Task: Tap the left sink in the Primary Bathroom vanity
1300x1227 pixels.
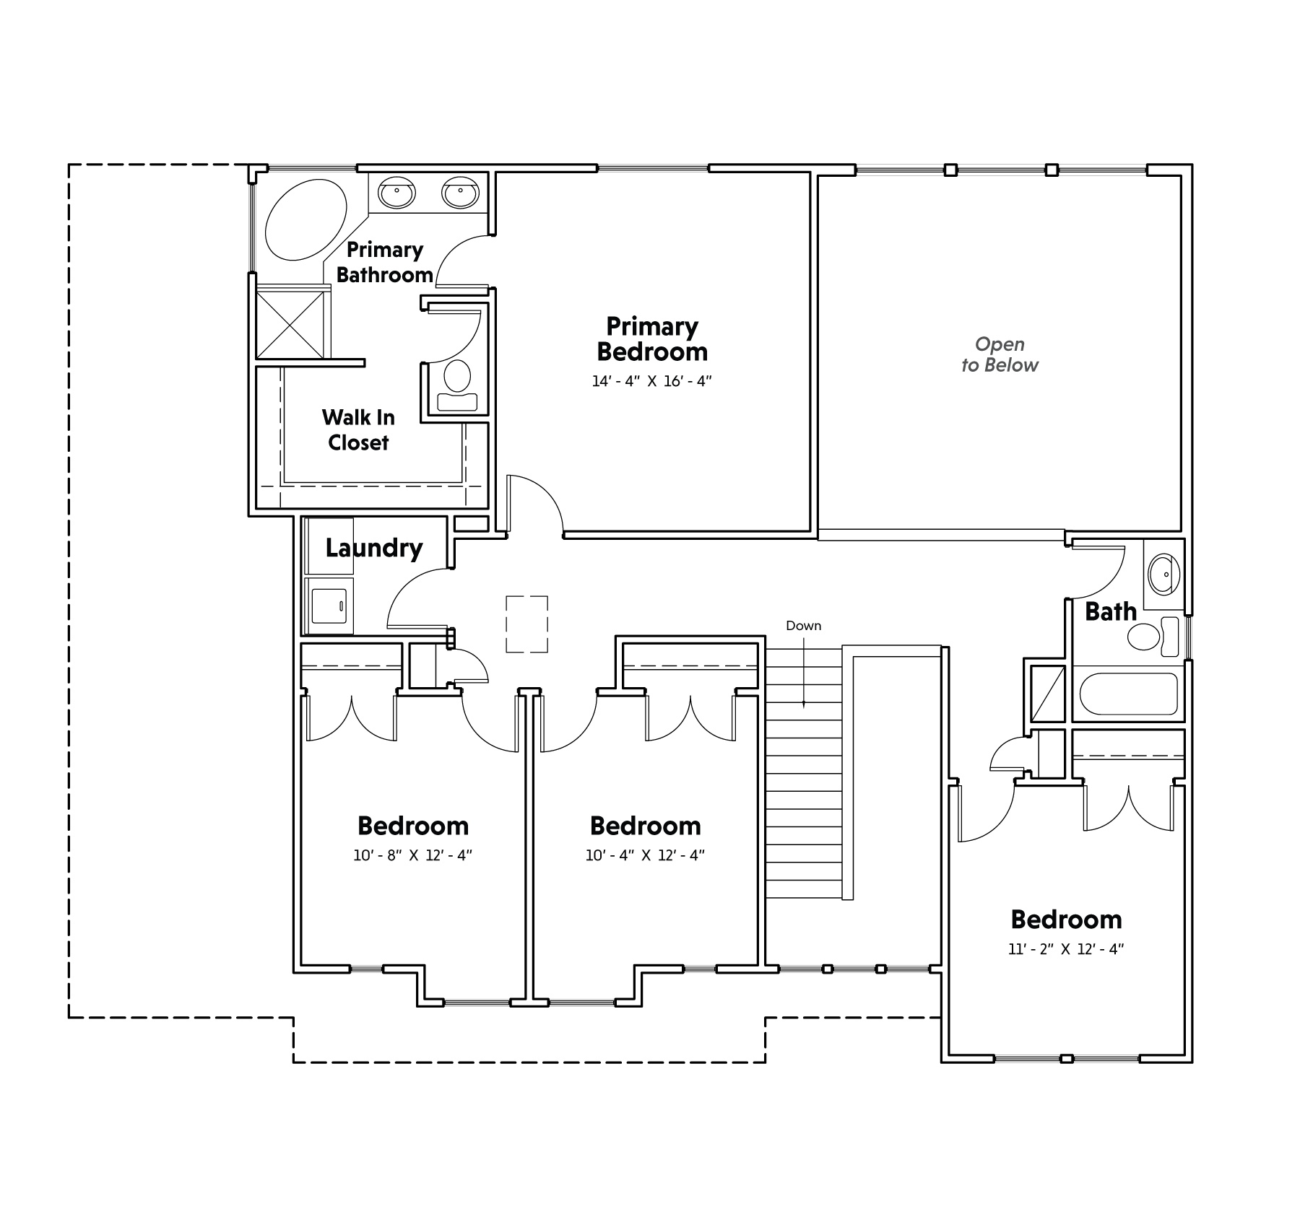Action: [x=396, y=192]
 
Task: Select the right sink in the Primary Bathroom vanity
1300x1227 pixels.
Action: [x=459, y=192]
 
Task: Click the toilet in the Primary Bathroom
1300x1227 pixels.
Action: [x=457, y=386]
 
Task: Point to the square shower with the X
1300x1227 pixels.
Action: [x=290, y=324]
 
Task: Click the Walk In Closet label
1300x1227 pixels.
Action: [x=358, y=429]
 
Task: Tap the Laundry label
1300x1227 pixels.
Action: [x=373, y=548]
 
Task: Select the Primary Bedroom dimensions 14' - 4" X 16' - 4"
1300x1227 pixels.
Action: [x=651, y=381]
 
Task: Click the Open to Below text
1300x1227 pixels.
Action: [x=1000, y=354]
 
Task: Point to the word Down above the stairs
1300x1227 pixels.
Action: [x=803, y=626]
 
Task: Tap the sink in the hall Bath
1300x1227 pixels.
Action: [x=1163, y=574]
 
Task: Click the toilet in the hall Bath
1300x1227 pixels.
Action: [x=1153, y=637]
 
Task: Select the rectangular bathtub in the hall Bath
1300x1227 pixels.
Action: [x=1129, y=694]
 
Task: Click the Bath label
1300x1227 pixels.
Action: [x=1111, y=611]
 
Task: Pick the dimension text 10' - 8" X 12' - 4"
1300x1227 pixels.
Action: [x=412, y=855]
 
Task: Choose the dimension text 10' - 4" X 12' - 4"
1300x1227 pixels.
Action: [x=645, y=855]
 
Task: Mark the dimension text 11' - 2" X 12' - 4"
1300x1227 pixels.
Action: [x=1066, y=949]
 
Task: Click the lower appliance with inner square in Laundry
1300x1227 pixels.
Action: [x=329, y=606]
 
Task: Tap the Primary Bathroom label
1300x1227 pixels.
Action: [x=385, y=262]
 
